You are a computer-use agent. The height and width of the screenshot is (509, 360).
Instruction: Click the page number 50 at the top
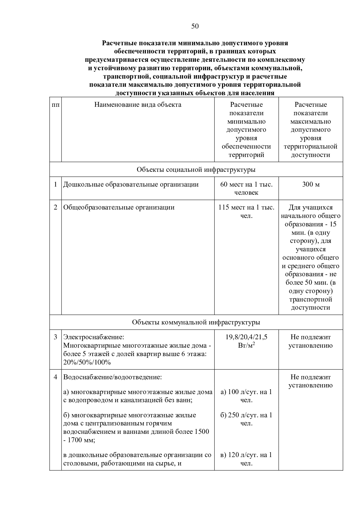[x=195, y=26]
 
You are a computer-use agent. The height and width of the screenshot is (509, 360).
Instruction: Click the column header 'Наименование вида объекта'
[x=138, y=105]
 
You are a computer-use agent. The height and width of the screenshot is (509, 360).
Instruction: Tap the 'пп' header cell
[x=55, y=105]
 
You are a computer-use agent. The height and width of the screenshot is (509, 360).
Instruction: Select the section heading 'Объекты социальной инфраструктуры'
[x=196, y=170]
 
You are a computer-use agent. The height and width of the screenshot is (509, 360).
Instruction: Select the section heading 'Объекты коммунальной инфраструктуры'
[x=196, y=322]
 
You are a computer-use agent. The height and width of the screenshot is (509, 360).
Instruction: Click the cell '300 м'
[x=311, y=185]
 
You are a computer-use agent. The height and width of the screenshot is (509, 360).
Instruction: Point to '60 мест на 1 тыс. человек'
[x=246, y=189]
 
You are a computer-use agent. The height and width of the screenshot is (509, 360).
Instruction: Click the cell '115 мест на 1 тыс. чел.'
[x=246, y=212]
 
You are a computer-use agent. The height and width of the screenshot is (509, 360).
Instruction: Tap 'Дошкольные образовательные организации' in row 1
[x=131, y=185]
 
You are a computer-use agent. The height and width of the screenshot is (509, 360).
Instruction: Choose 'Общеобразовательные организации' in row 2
[x=119, y=207]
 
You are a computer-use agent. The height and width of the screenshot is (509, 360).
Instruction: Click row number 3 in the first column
[x=55, y=337]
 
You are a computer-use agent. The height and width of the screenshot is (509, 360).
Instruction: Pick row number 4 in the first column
[x=55, y=377]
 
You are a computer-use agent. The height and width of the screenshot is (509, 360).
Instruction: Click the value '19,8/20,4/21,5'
[x=246, y=337]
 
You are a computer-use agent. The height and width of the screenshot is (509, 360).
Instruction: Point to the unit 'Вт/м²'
[x=246, y=346]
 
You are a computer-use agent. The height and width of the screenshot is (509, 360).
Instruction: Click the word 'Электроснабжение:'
[x=93, y=337]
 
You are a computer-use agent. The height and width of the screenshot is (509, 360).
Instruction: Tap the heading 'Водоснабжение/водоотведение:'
[x=112, y=377]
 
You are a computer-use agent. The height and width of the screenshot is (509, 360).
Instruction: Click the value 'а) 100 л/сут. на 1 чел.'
[x=246, y=396]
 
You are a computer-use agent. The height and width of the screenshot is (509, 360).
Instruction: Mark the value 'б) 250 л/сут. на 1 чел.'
[x=246, y=419]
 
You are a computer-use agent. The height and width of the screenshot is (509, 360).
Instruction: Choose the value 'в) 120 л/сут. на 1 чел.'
[x=246, y=459]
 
